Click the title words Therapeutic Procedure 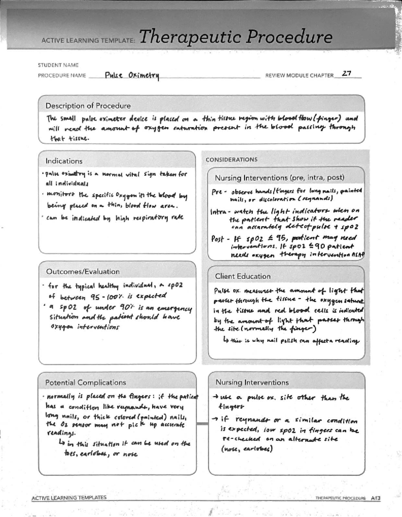tap(236, 37)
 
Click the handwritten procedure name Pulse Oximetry tap(132, 76)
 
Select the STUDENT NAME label tap(58, 65)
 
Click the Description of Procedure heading tap(88, 106)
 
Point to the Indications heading tap(64, 161)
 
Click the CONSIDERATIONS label tap(231, 160)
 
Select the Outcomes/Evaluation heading tap(83, 271)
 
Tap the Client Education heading tap(243, 276)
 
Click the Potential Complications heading tap(86, 382)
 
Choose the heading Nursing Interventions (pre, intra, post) tap(279, 177)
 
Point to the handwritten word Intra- tap(220, 212)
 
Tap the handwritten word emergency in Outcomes tap(174, 308)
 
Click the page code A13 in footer tap(376, 498)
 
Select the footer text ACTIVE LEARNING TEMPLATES tap(69, 498)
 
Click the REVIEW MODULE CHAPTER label tap(299, 76)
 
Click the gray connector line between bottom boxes tap(202, 424)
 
